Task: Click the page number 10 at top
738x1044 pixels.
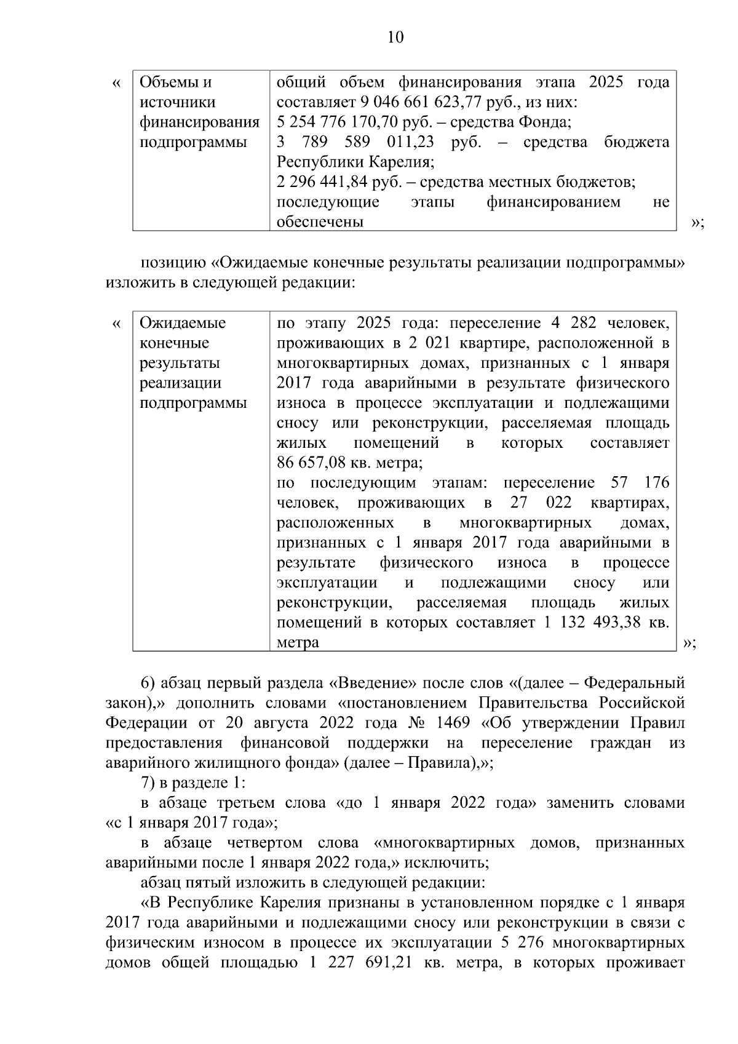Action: click(395, 38)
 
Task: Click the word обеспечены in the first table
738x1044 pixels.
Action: click(320, 222)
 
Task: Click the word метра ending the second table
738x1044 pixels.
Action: click(298, 643)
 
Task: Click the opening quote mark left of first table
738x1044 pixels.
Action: click(117, 82)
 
